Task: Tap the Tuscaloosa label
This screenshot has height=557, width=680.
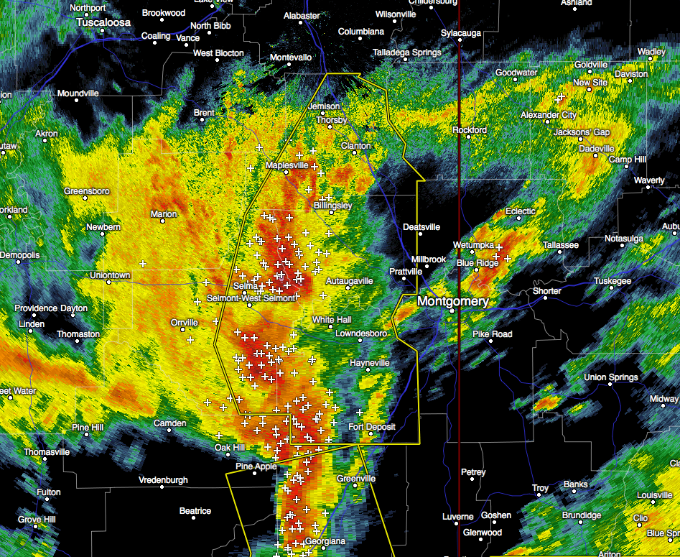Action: tap(104, 23)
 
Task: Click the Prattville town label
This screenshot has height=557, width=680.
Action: tap(406, 272)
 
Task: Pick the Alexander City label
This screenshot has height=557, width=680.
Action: tap(549, 115)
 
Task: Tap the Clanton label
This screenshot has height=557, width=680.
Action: tap(356, 146)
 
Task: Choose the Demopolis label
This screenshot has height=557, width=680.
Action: tap(20, 255)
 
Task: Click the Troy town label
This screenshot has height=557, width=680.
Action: tap(540, 489)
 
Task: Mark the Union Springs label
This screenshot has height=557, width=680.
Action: tap(611, 377)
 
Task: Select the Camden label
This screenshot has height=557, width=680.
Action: tap(171, 423)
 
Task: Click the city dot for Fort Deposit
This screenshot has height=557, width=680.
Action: tap(371, 435)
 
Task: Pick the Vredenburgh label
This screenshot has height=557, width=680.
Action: tap(163, 480)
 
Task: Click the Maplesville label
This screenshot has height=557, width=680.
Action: tap(287, 166)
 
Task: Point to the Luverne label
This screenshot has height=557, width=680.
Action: tap(457, 517)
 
